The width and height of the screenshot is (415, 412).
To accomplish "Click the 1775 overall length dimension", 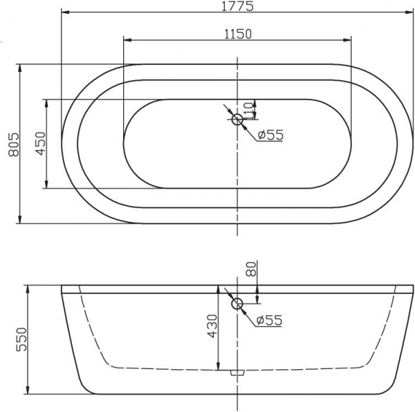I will [237, 6].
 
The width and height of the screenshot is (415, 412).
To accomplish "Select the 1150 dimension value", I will [237, 34].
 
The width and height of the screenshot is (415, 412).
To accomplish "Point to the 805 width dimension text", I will [9, 144].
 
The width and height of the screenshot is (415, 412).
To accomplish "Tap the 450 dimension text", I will [39, 144].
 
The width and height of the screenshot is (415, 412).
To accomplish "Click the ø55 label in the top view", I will [270, 135].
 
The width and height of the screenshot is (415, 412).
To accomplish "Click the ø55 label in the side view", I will [269, 321].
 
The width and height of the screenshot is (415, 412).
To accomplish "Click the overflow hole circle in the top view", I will [237, 120].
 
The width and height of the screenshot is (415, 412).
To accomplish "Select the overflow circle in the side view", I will [237, 303].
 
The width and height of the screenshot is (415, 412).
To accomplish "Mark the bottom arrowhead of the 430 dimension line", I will [219, 366].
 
